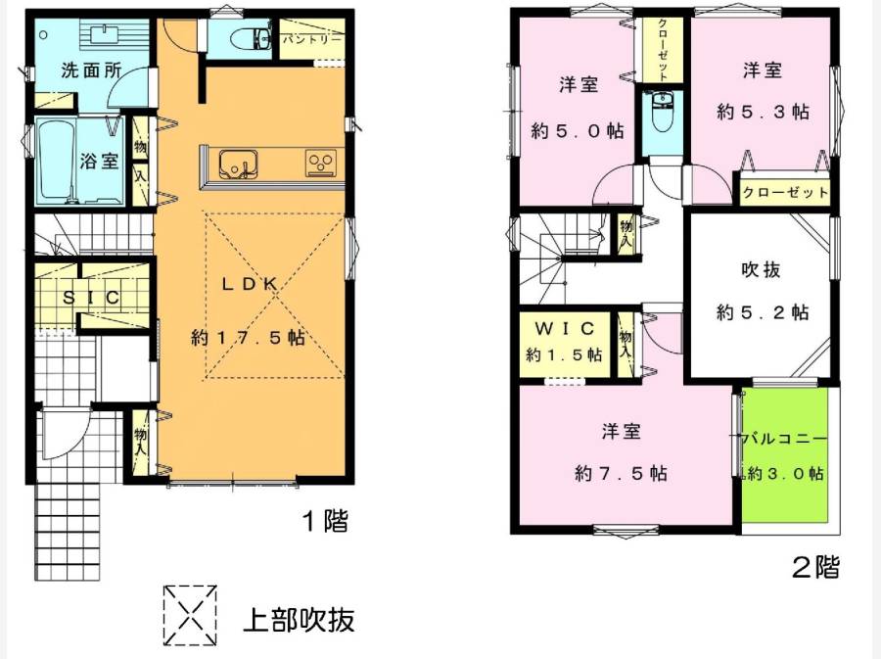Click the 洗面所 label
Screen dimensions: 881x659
91,71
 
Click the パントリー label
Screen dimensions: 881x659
312,39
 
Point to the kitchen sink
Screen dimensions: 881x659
238,164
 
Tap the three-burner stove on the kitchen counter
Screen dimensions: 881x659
321,164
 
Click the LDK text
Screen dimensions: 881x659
249,284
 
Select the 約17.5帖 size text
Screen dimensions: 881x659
249,338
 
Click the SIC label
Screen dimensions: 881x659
91,297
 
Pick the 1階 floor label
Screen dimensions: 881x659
325,521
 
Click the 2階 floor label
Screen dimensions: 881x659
815,567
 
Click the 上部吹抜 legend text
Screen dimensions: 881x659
299,620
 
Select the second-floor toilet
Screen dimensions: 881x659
662,112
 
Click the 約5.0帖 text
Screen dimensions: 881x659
577,131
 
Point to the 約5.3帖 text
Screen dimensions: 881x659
763,112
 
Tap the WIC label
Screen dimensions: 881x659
565,328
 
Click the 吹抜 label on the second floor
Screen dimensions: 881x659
761,269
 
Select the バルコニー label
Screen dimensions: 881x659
784,439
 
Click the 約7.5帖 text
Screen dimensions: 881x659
621,474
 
